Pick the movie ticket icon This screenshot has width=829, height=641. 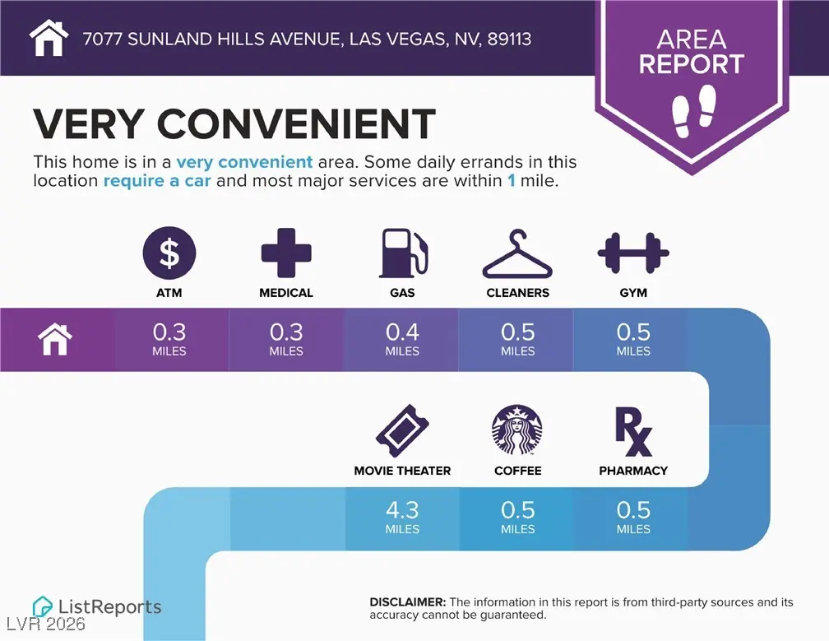402,430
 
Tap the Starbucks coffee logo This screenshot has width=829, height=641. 517,430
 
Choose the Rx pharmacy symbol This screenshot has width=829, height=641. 633,431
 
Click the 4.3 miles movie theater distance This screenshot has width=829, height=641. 402,517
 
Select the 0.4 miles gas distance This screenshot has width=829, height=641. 402,338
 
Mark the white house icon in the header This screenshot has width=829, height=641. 48,38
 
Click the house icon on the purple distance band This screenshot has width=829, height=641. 55,339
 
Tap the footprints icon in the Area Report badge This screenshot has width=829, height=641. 692,115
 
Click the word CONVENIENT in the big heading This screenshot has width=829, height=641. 296,124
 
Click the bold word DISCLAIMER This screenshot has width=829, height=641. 408,602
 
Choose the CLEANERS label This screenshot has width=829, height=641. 517,293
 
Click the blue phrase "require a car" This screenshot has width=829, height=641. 157,180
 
